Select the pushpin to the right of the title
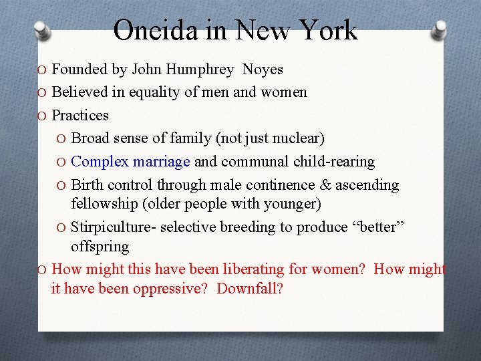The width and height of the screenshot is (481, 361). pos(440,30)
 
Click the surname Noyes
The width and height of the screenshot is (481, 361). pos(263,70)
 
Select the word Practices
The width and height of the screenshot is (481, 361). pos(80,115)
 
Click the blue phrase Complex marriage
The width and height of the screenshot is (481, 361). pos(131,162)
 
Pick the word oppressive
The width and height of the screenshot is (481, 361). pos(177,289)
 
